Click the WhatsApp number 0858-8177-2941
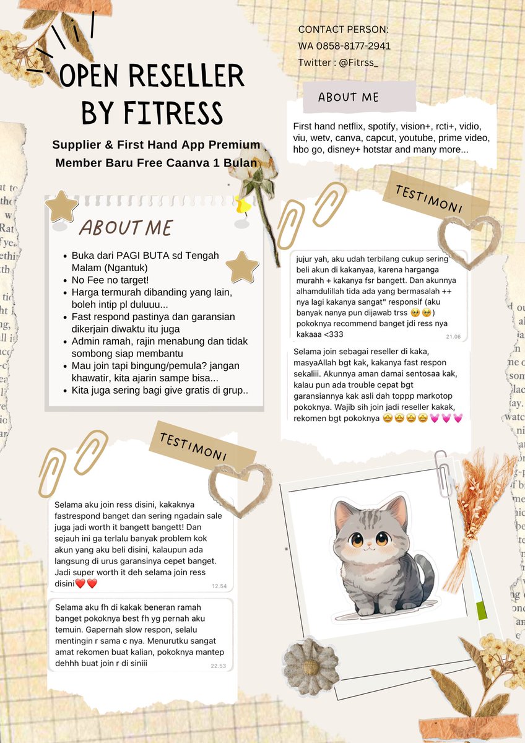353,46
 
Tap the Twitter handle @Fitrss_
359,63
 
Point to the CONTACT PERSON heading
344,29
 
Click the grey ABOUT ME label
349,97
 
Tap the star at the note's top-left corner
62,206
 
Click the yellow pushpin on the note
242,204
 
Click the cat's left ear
344,513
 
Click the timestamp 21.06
453,336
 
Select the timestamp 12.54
219,586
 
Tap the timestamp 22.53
219,666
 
